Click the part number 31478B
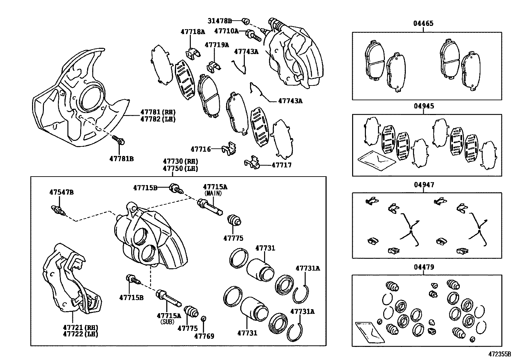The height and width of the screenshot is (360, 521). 220,21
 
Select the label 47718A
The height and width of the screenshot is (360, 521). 193,32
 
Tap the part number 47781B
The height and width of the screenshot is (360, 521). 121,159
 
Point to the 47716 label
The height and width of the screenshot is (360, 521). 201,149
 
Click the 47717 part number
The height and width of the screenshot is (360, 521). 281,165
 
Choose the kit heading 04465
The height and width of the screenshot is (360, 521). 423,24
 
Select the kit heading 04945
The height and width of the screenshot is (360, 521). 424,106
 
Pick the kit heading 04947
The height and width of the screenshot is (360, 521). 424,185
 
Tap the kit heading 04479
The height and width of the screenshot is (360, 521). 424,267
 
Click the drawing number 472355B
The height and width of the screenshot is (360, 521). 500,354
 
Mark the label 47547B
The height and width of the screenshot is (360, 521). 62,192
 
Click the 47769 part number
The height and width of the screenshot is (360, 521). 204,336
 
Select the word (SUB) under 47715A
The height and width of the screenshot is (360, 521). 168,322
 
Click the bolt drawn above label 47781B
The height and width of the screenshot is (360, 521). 118,140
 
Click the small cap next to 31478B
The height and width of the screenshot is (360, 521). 244,21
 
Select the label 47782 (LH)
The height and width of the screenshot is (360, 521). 158,119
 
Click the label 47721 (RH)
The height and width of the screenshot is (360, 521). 81,327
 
